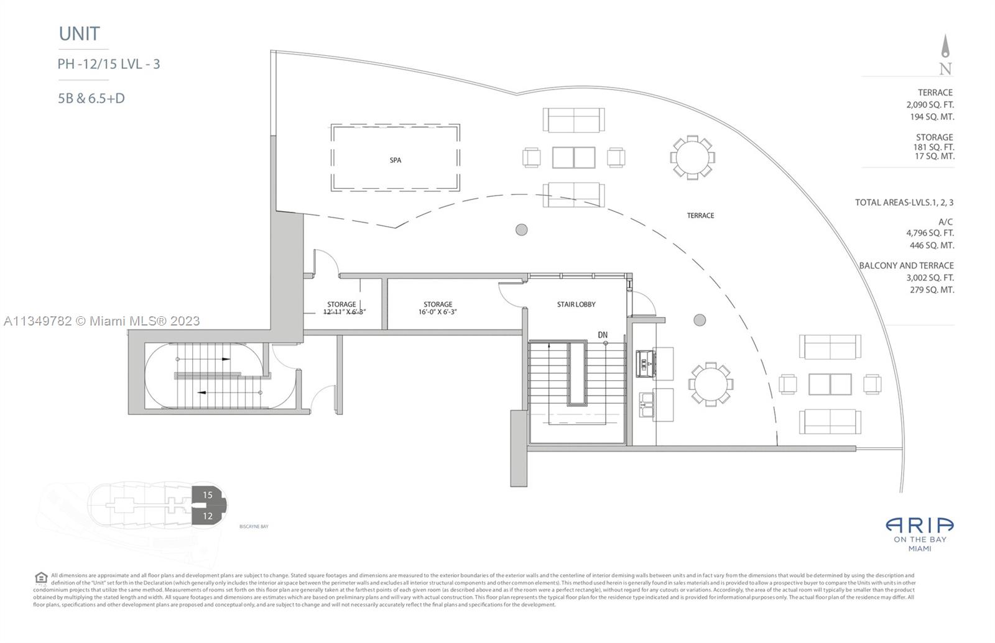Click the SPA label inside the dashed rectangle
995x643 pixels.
396,160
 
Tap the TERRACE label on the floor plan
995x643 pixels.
700,216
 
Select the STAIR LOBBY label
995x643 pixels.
576,304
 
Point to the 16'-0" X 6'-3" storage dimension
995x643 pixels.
438,312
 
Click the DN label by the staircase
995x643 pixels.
603,335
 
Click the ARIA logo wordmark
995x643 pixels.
920,526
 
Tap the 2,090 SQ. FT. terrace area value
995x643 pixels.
930,105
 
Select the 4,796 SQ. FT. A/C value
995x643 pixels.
930,233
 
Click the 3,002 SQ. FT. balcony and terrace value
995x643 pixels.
930,278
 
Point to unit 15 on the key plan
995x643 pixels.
208,495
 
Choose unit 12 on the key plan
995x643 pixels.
208,516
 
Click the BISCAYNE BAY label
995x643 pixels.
254,527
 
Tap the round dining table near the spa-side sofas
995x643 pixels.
692,157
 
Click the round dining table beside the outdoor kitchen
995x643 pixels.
710,384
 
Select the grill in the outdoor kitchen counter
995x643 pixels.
642,363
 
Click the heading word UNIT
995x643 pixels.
80,34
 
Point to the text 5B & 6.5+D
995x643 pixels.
91,98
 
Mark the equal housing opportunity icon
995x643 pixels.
41,578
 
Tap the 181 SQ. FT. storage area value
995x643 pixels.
933,147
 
